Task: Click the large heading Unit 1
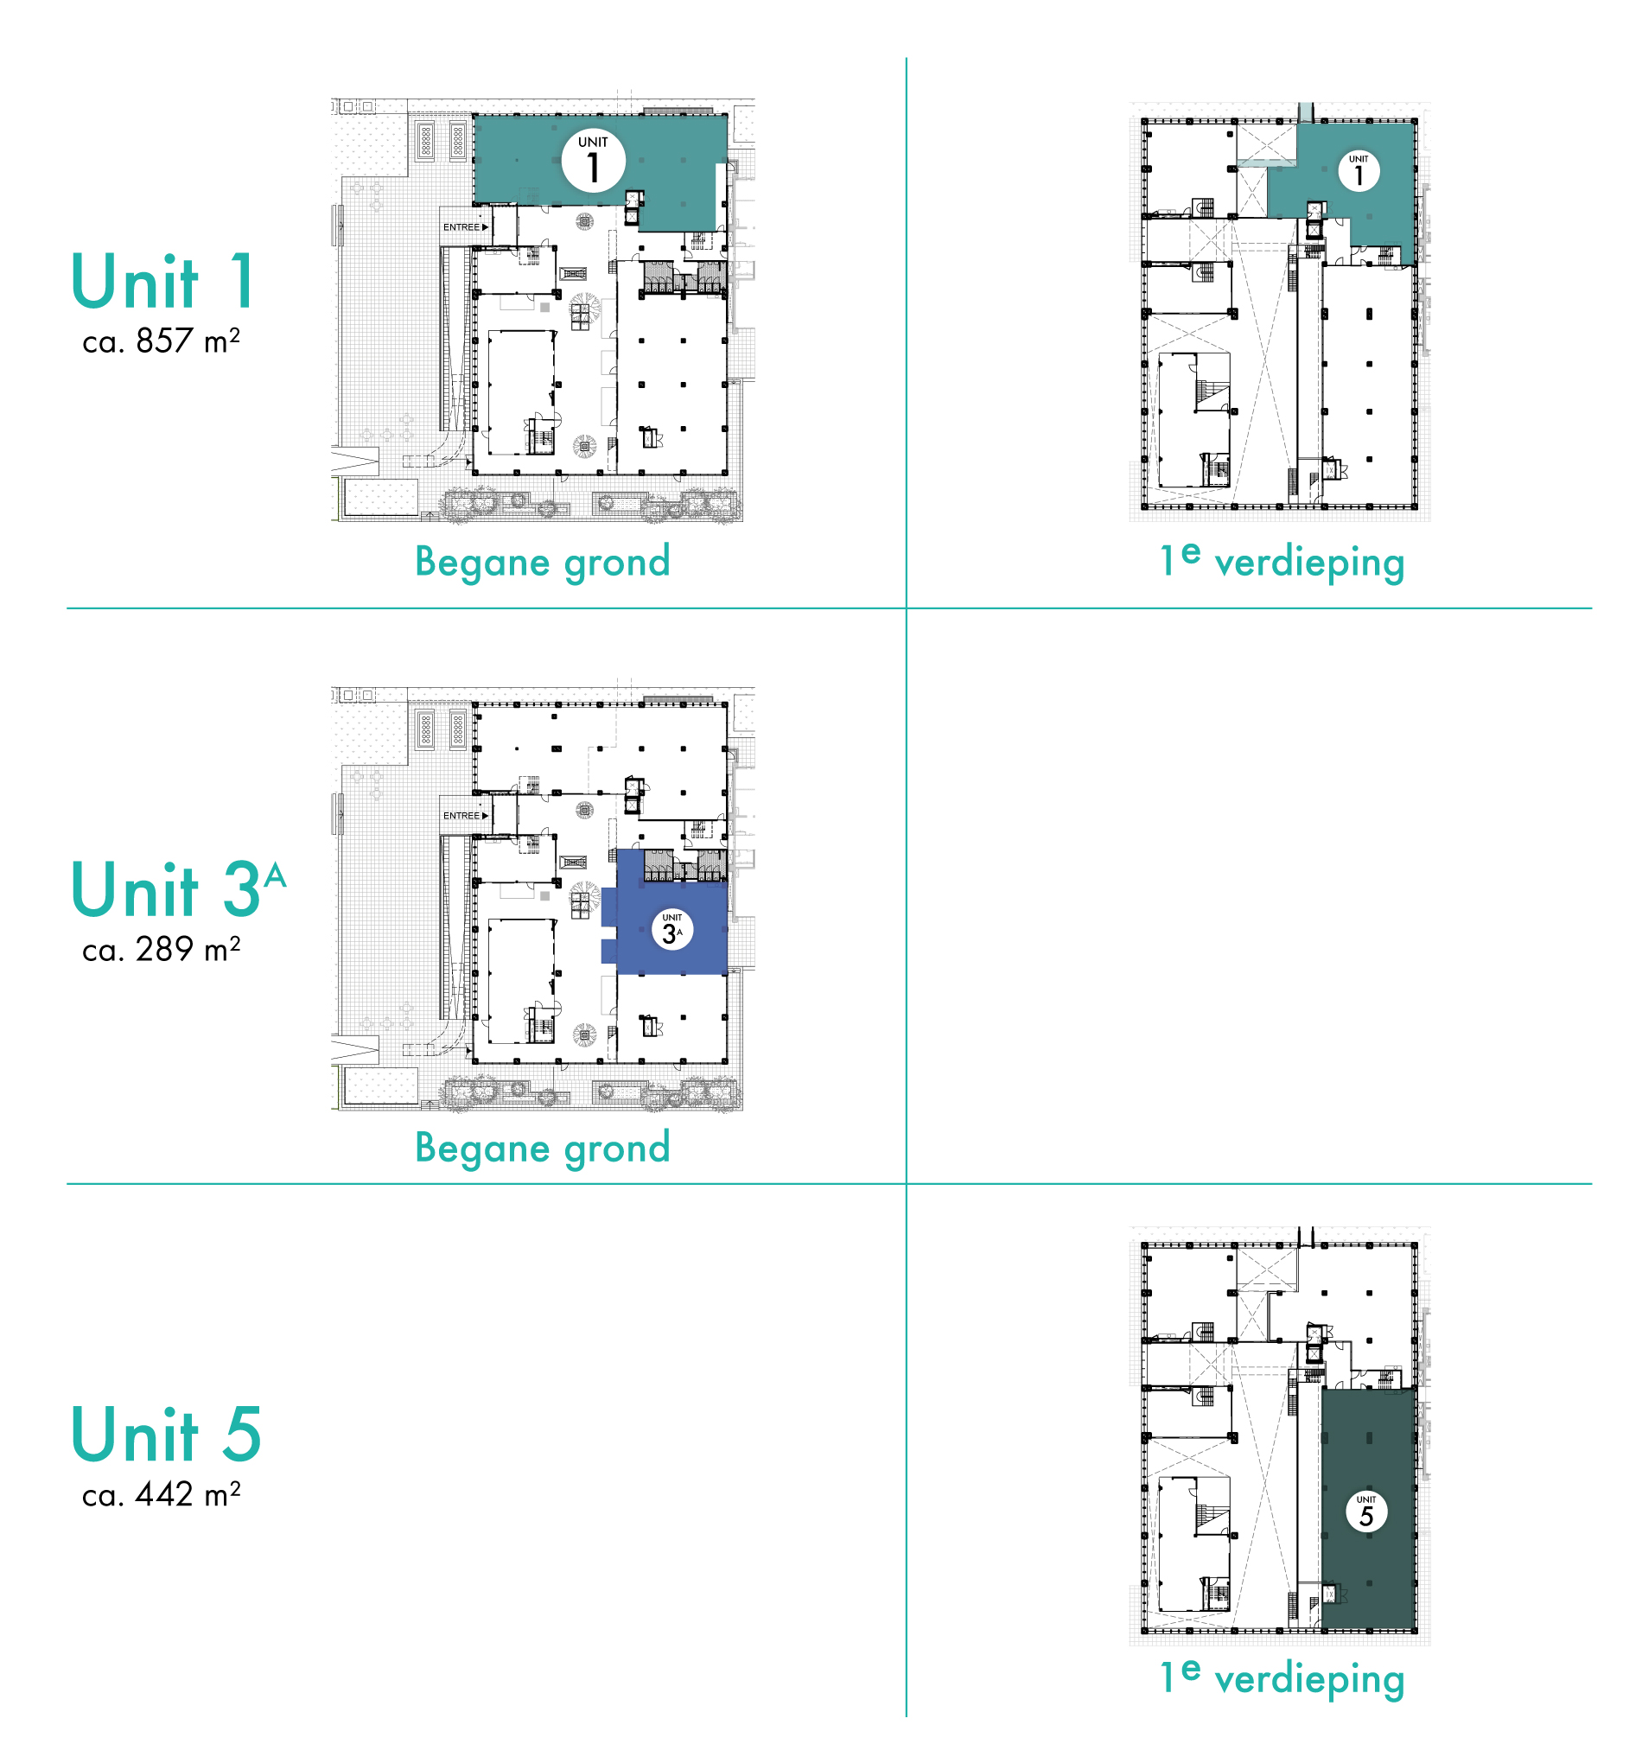[x=163, y=281]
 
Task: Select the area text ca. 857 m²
[x=161, y=341]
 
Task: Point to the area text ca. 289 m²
[x=161, y=949]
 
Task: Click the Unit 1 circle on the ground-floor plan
[x=593, y=161]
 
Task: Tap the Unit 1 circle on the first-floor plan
[x=1358, y=171]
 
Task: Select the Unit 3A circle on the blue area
[x=671, y=930]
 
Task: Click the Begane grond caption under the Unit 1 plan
[x=542, y=563]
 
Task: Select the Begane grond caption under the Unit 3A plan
[x=542, y=1149]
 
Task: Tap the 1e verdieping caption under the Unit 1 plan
[x=1282, y=562]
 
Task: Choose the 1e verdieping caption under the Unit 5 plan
[x=1282, y=1678]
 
